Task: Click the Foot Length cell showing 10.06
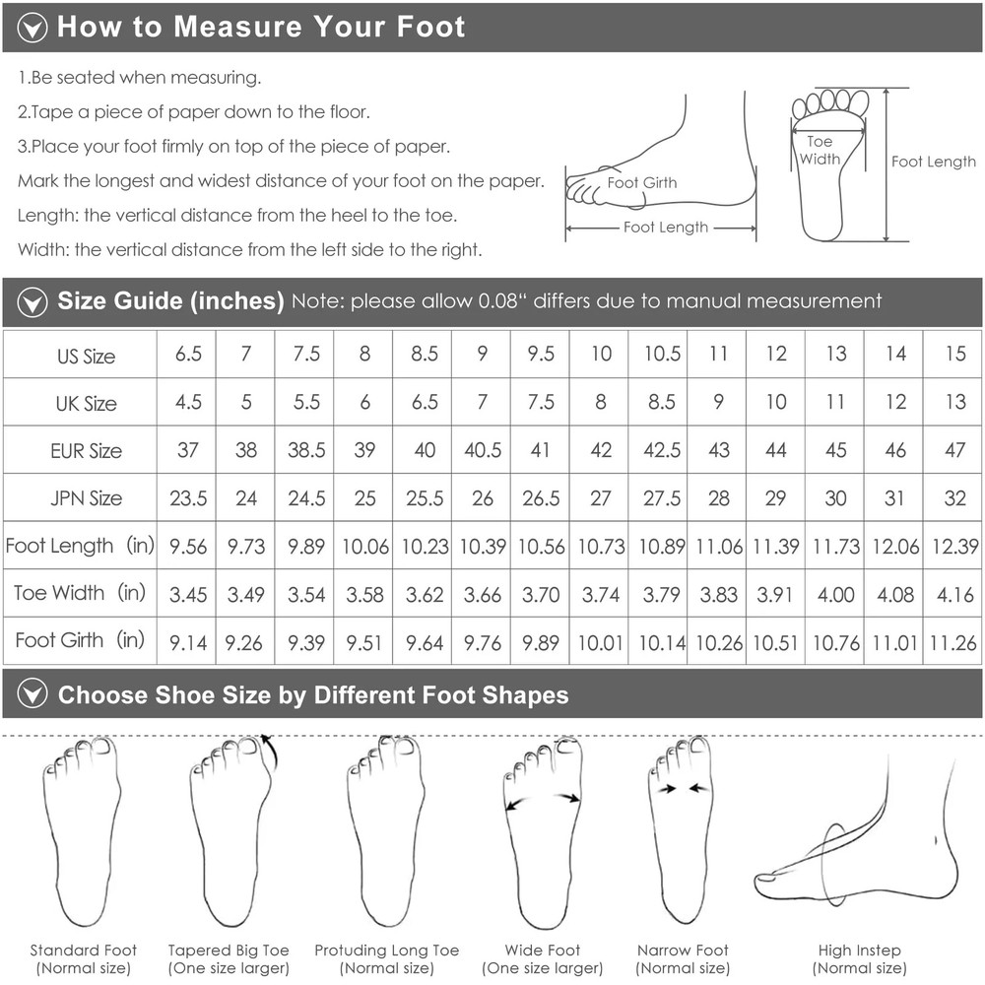click(x=365, y=546)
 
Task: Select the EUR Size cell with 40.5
click(x=483, y=450)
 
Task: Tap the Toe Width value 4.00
click(x=835, y=594)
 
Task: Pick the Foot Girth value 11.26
click(x=952, y=642)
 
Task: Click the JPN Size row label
click(x=86, y=498)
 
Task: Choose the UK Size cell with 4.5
click(x=188, y=402)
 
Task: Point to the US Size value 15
click(x=955, y=354)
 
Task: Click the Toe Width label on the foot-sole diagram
click(x=820, y=150)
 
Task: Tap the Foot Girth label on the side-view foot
click(x=642, y=183)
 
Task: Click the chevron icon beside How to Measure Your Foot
click(x=33, y=28)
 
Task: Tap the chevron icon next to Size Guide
click(x=33, y=302)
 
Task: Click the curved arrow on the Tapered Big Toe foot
click(x=271, y=751)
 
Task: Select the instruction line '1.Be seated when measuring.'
click(x=140, y=78)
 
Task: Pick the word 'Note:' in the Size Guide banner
click(x=318, y=301)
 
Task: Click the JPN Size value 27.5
click(x=662, y=498)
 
